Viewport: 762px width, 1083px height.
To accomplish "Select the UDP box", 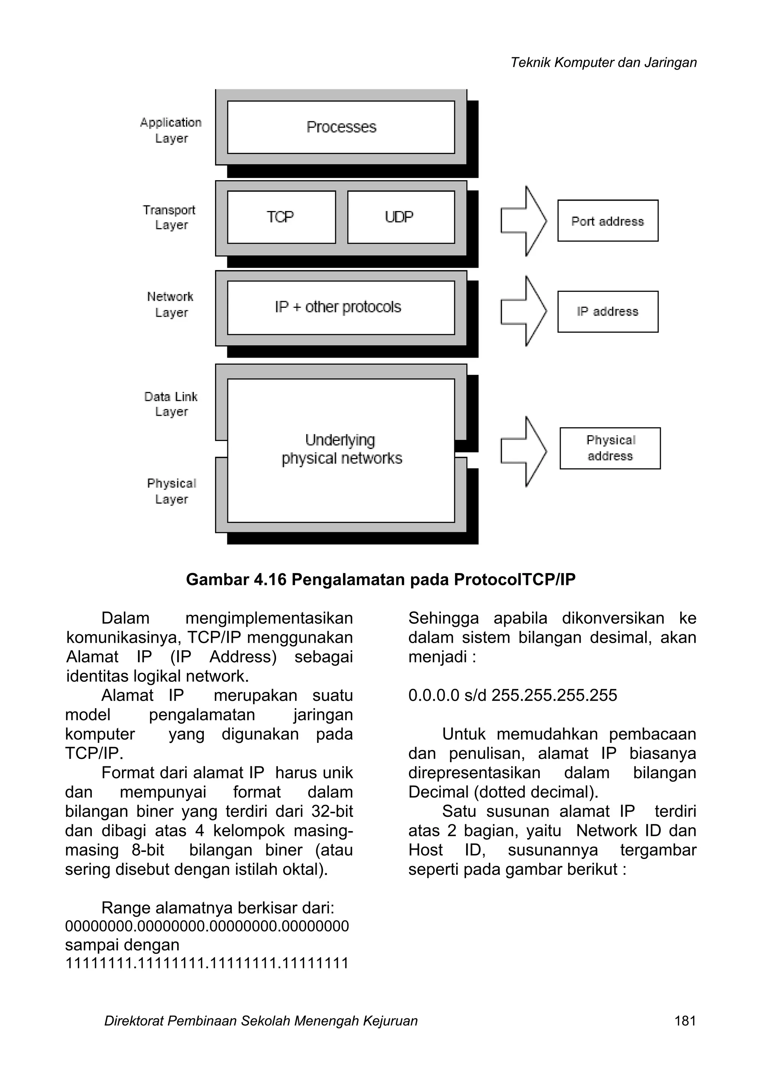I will [400, 217].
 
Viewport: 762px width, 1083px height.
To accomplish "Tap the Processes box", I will [341, 127].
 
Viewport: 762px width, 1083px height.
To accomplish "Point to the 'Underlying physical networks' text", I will [342, 450].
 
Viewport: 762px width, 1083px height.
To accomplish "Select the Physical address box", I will [610, 448].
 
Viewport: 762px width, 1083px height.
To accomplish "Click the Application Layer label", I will [171, 130].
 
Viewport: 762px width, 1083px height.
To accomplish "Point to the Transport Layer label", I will [170, 217].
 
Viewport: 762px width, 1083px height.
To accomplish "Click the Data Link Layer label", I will [171, 404].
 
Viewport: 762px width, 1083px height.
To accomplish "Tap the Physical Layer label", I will [171, 491].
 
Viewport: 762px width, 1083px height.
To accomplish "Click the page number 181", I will [685, 1021].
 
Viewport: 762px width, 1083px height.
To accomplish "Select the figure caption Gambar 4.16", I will [381, 579].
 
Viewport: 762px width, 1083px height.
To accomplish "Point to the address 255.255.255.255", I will [554, 695].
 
